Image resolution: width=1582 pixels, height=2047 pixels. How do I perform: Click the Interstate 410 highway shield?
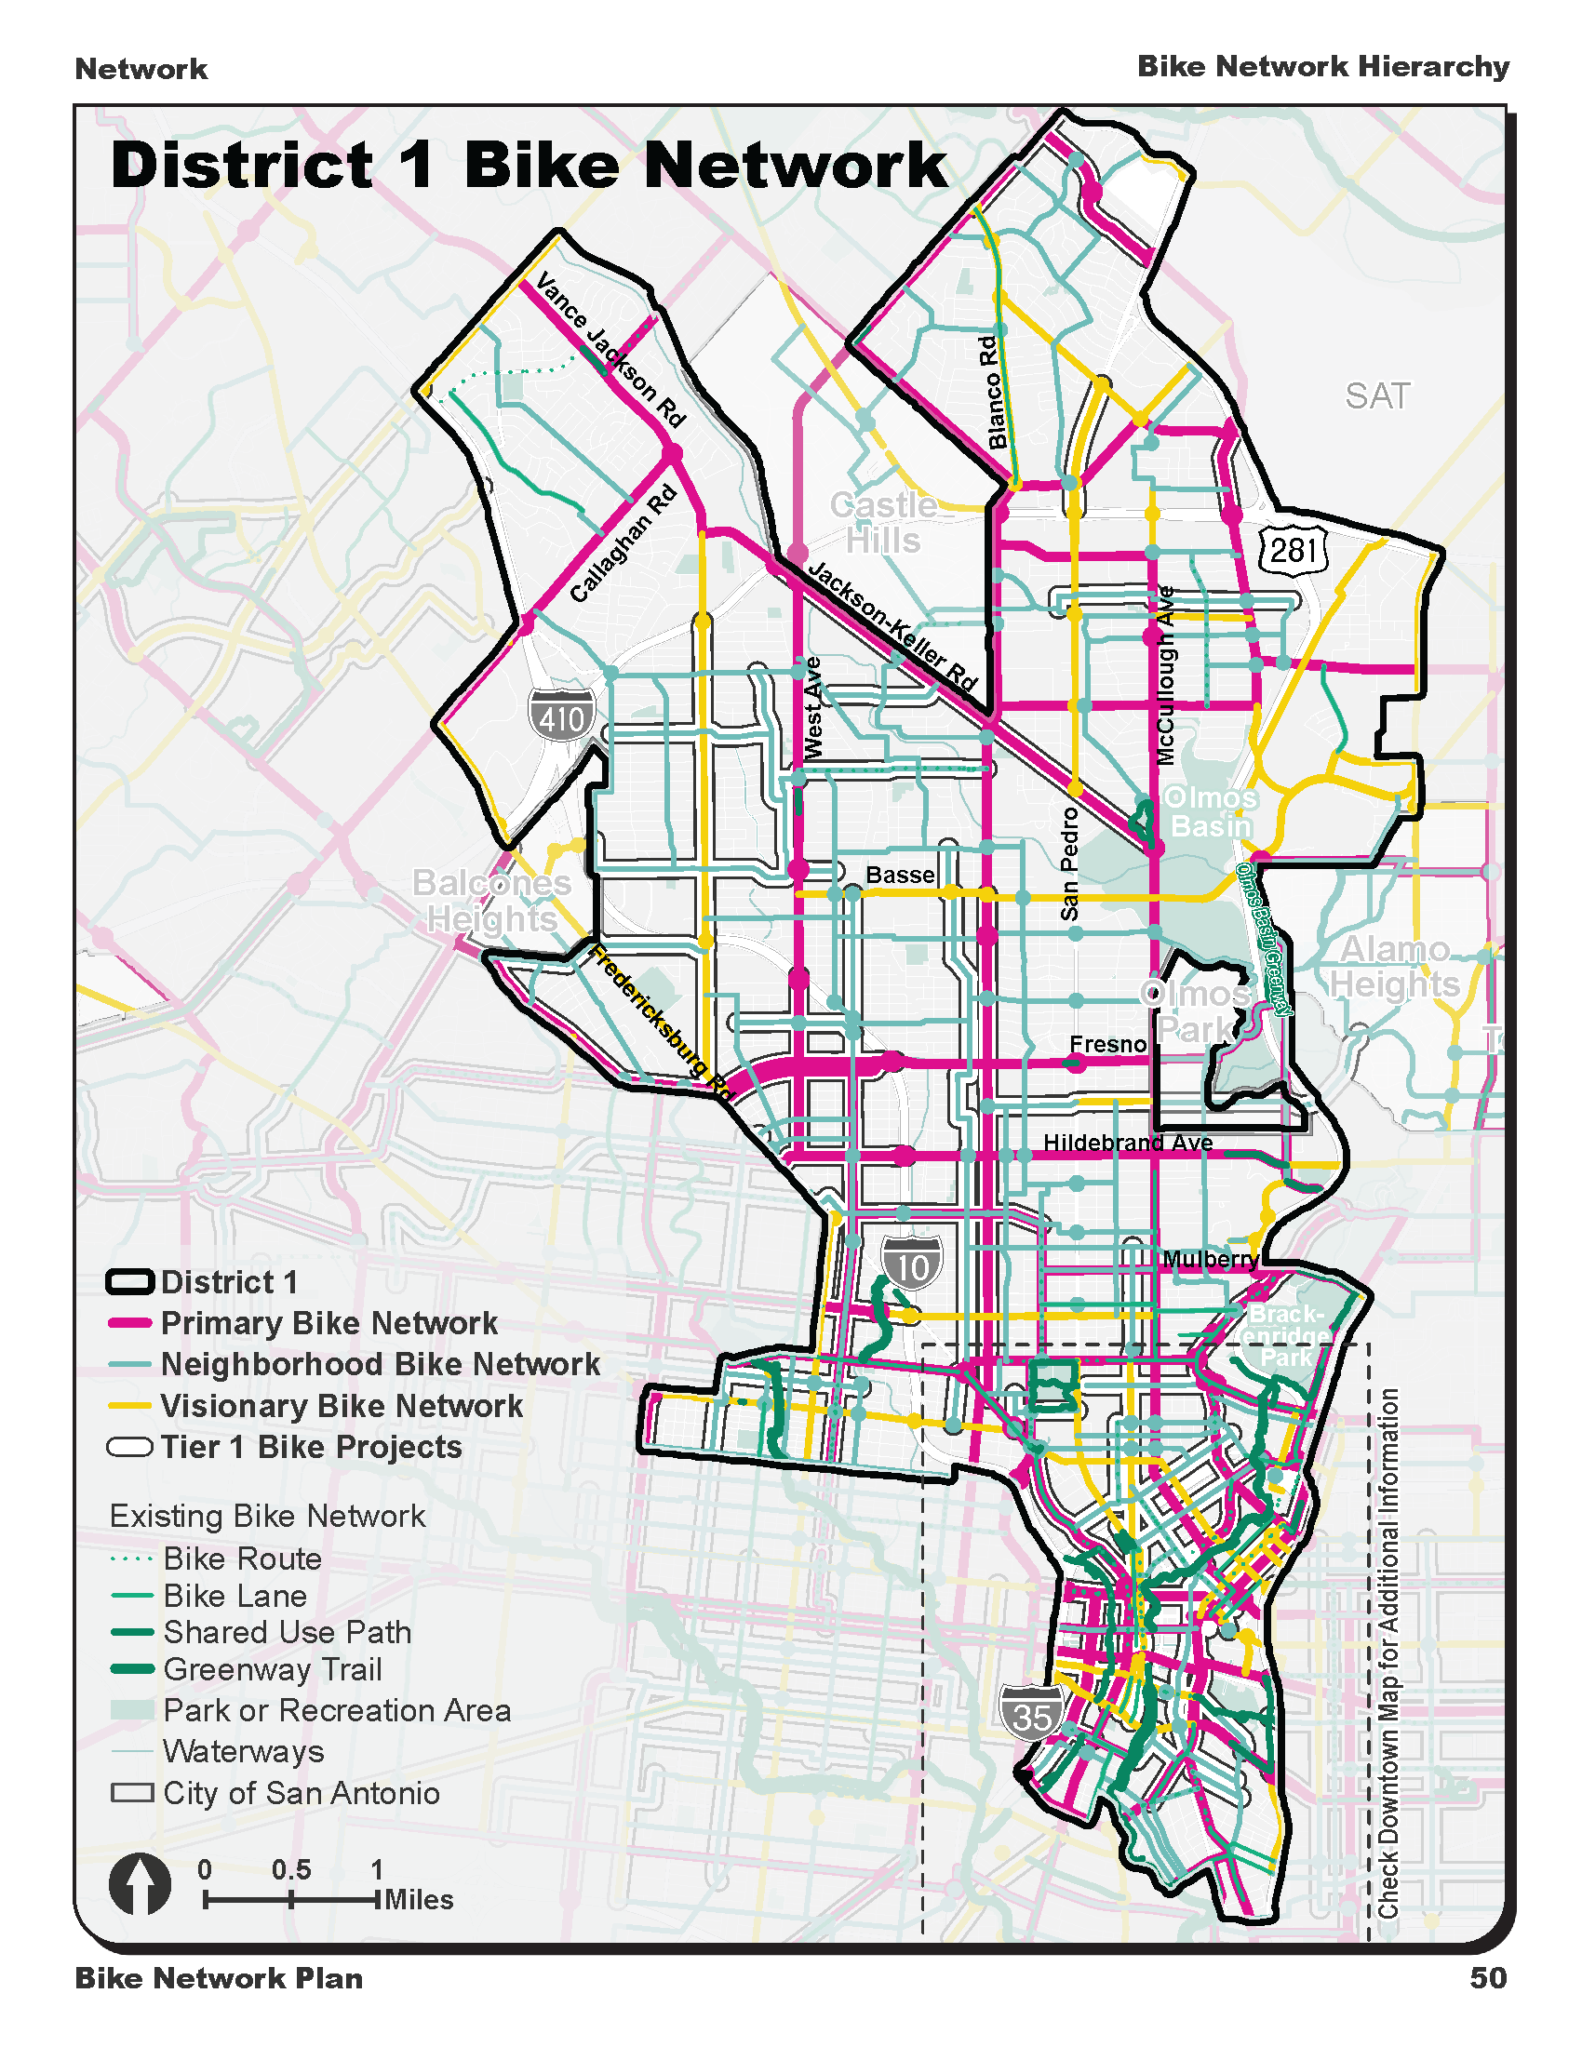pos(561,716)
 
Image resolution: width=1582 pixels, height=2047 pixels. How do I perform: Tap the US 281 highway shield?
pos(1294,549)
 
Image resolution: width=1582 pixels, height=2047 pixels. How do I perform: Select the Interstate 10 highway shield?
pos(911,1265)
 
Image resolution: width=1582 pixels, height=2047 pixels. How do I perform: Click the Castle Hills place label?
pos(883,523)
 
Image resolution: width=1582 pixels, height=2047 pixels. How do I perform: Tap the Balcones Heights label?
pos(492,900)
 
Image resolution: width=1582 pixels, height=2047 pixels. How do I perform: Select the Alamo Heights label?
pos(1395,967)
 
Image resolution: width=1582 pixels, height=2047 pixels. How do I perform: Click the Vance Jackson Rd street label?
pos(610,350)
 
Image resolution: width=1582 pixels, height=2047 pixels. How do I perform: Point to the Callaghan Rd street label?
pos(623,543)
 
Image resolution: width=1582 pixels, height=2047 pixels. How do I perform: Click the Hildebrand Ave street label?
pos(1128,1143)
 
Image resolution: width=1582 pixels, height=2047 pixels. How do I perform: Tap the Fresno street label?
pos(1107,1044)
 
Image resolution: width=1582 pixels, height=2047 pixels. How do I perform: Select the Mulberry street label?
pos(1210,1259)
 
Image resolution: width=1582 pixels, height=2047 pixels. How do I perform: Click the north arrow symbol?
pos(141,1884)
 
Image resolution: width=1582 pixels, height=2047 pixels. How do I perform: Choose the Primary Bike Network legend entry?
pos(328,1322)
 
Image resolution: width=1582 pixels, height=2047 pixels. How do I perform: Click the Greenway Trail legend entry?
pos(272,1669)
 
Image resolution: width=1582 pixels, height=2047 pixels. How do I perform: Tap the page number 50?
pos(1487,1977)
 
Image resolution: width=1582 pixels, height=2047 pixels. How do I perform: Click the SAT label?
pos(1376,396)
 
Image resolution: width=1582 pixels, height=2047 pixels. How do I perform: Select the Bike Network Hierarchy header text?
pos(1322,67)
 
